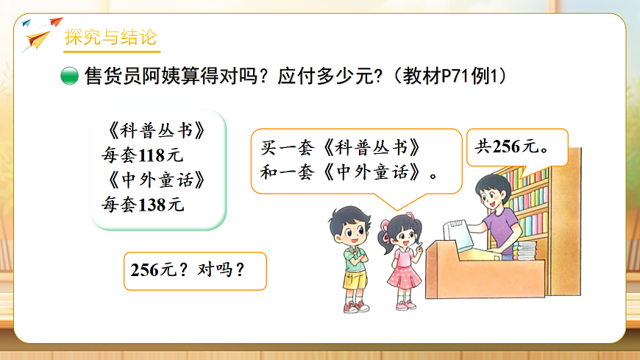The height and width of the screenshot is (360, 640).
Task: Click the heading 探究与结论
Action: pyautogui.click(x=110, y=37)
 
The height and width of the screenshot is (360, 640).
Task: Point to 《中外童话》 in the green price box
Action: pyautogui.click(x=153, y=180)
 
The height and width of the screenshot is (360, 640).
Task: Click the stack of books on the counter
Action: pyautogui.click(x=525, y=251)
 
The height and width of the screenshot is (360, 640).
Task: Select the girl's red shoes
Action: pyautogui.click(x=405, y=304)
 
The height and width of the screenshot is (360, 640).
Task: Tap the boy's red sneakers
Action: pyautogui.click(x=355, y=306)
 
